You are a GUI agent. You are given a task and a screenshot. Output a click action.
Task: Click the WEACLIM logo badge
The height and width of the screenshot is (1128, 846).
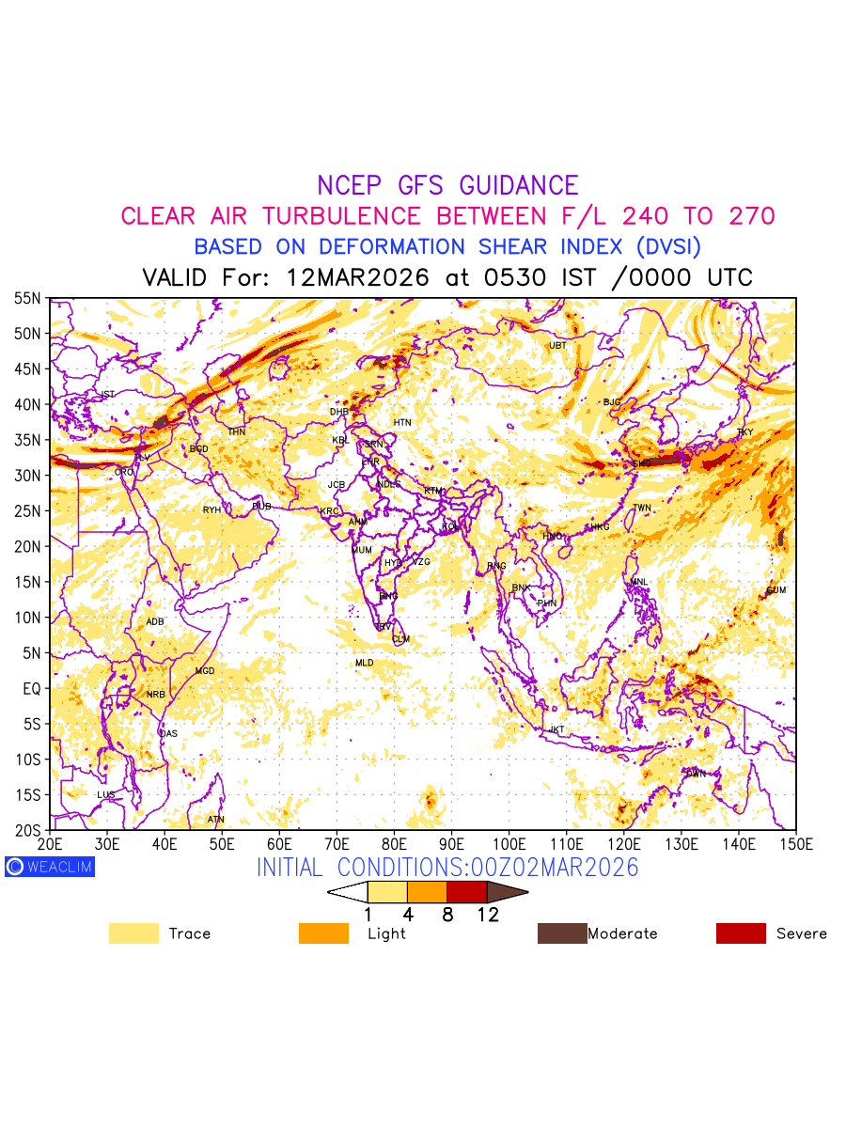click(x=50, y=867)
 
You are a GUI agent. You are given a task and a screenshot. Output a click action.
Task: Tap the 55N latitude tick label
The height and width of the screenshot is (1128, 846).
click(x=28, y=298)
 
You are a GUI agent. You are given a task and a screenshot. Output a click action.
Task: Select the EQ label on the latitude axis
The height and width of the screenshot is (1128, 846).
click(x=32, y=688)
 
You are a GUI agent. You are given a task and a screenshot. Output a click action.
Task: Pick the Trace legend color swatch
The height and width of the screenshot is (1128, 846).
click(x=133, y=933)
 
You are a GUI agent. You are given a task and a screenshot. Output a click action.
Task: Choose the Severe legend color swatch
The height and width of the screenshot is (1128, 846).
click(x=741, y=933)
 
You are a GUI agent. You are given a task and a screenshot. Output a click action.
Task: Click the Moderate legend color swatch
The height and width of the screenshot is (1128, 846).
click(x=562, y=933)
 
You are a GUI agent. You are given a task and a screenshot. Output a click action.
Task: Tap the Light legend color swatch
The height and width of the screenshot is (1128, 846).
click(x=323, y=933)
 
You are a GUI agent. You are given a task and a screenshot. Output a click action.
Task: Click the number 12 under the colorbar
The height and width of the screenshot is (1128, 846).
click(x=487, y=915)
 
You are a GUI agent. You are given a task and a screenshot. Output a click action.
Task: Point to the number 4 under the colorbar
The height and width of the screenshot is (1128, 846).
click(x=408, y=915)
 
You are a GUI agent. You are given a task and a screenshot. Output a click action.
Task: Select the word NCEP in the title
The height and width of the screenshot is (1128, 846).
click(x=352, y=185)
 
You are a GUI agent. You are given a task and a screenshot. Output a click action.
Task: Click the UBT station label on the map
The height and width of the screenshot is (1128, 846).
click(x=557, y=346)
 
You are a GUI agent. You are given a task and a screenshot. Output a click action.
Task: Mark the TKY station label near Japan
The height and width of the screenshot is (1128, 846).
click(x=744, y=433)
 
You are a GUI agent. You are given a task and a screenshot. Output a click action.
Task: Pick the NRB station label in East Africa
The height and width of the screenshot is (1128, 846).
click(x=155, y=695)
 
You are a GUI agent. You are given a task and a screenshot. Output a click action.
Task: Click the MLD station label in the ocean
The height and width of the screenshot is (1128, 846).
click(x=364, y=664)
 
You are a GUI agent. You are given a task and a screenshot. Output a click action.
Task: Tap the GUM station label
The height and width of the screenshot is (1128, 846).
click(x=775, y=590)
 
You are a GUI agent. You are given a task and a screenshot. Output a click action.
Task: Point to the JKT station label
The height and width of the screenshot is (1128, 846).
click(x=557, y=730)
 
